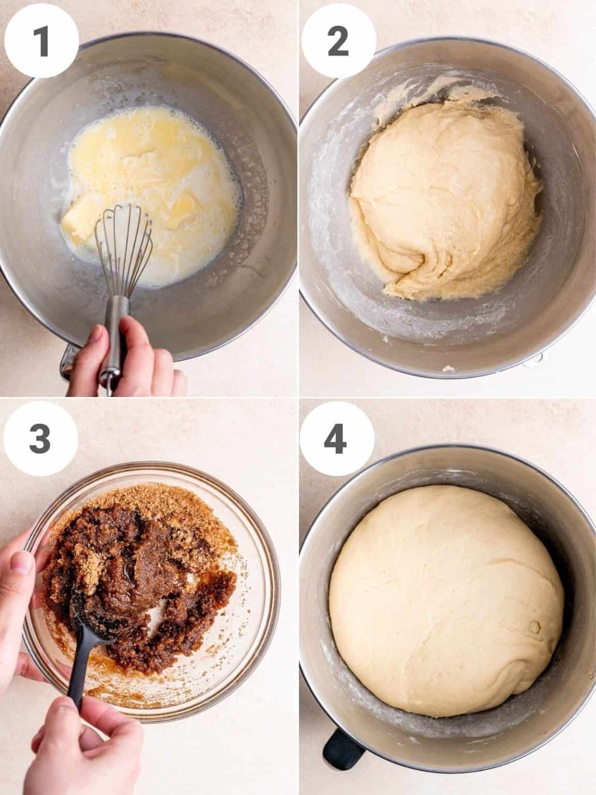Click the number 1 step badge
[x=41, y=41]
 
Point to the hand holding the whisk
[x=124, y=357]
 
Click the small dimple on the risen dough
[x=534, y=629]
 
